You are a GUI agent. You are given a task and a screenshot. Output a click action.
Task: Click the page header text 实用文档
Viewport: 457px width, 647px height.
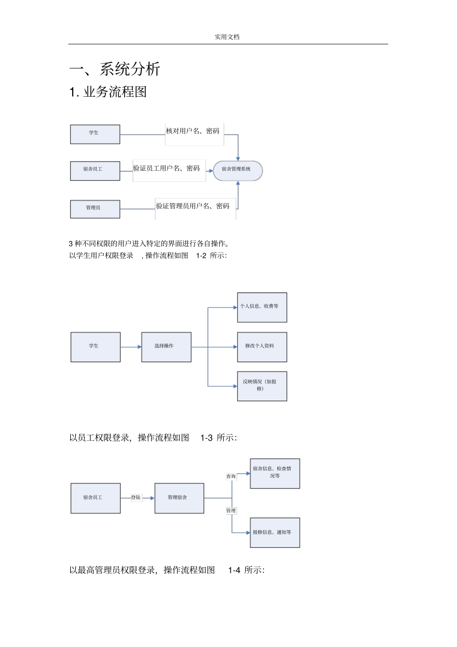coord(227,37)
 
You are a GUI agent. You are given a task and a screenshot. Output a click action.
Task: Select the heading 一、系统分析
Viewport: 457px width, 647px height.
coord(114,69)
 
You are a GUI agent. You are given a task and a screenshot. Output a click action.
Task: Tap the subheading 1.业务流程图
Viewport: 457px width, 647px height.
coord(108,92)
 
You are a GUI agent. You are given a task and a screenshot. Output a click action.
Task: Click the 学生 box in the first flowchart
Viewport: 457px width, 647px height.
coord(95,134)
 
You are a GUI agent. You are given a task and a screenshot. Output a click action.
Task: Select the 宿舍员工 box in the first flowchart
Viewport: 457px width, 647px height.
coord(95,171)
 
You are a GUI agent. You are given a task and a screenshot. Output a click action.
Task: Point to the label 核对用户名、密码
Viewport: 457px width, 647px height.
coord(193,131)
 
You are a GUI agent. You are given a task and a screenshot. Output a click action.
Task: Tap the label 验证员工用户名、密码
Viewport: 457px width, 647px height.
coord(167,168)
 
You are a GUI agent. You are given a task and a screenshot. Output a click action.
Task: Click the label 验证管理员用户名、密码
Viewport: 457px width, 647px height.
coord(193,206)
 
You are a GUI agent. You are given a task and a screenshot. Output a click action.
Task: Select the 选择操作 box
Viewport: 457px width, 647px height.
coord(166,347)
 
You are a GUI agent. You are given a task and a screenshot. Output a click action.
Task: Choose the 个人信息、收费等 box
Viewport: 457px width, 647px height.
coord(262,307)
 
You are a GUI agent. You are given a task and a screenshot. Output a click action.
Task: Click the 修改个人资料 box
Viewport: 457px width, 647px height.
coord(262,347)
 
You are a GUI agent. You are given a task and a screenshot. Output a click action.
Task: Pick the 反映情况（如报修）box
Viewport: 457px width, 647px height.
coord(262,386)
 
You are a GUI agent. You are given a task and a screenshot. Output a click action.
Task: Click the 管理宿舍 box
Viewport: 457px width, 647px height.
coord(179,498)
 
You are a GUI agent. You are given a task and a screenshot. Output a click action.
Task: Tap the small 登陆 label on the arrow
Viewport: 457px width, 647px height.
coord(136,497)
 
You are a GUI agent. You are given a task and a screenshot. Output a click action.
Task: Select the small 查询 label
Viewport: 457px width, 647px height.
coord(231,476)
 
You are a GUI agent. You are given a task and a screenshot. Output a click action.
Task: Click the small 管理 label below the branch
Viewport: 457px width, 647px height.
coord(231,511)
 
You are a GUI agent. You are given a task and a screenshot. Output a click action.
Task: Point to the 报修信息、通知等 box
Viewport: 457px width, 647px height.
coord(275,533)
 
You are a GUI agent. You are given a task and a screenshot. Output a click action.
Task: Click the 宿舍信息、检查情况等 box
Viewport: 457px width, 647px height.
coord(275,473)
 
